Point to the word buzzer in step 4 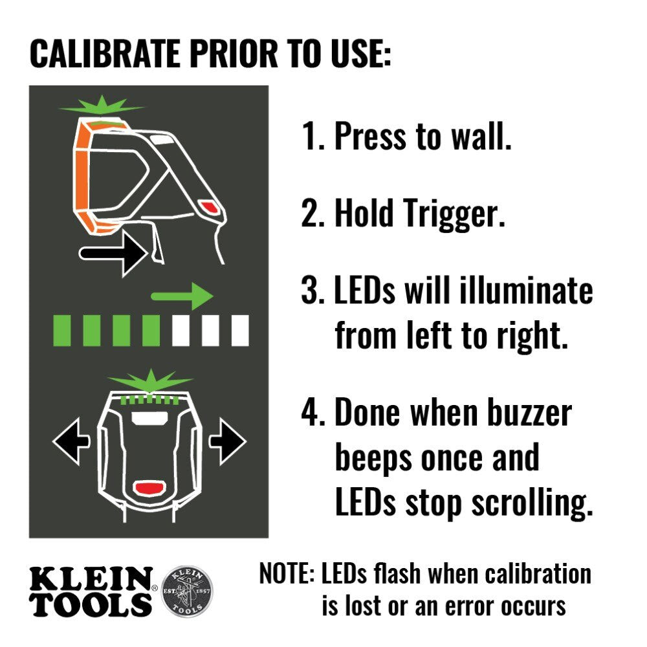(x=524, y=414)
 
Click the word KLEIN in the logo (x=91, y=577)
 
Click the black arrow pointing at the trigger (x=111, y=254)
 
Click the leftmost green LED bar (x=62, y=329)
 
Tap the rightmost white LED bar (x=240, y=329)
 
